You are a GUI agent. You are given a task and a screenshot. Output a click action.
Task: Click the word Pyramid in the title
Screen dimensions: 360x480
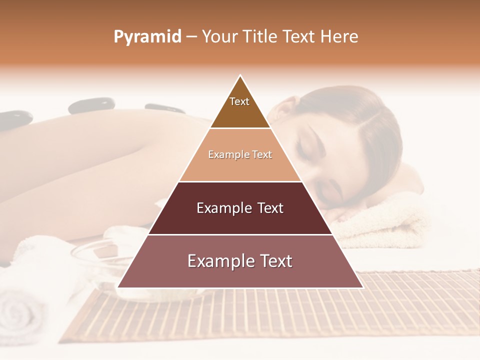[147, 37]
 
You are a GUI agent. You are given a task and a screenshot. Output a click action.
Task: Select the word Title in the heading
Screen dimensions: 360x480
[260, 37]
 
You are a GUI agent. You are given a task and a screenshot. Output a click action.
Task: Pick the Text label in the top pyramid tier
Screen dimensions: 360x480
[239, 101]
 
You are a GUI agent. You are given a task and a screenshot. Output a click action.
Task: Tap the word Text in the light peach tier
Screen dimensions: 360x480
[262, 155]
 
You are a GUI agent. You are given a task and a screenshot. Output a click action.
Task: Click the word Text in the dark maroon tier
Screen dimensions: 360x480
[271, 208]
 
